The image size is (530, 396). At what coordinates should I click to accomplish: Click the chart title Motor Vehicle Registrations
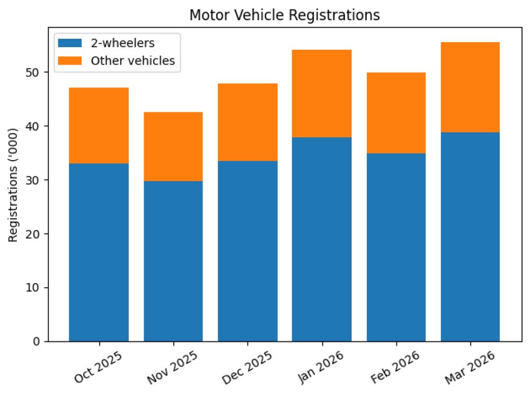[x=284, y=16]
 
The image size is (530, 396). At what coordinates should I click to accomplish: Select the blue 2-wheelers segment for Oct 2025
[x=99, y=252]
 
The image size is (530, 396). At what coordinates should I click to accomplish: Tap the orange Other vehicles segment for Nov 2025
[x=173, y=146]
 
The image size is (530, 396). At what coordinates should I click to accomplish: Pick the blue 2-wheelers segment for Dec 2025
[x=248, y=251]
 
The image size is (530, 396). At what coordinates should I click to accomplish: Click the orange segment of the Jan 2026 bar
[x=322, y=93]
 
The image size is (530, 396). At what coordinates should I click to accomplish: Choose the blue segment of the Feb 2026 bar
[x=396, y=247]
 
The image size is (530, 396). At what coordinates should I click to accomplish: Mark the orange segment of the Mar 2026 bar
[x=470, y=87]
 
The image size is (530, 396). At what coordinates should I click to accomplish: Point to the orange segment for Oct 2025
[x=99, y=125]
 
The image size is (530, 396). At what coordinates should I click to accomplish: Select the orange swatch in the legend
[x=71, y=60]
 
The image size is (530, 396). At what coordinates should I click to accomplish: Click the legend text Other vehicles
[x=132, y=60]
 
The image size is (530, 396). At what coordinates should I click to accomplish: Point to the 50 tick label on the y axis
[x=33, y=72]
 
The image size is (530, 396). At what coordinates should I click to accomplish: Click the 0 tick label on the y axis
[x=36, y=341]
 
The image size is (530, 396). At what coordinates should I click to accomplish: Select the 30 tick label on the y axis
[x=33, y=180]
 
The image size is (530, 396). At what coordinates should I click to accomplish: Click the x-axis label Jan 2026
[x=320, y=367]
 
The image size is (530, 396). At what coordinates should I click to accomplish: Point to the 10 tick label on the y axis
[x=33, y=288]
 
